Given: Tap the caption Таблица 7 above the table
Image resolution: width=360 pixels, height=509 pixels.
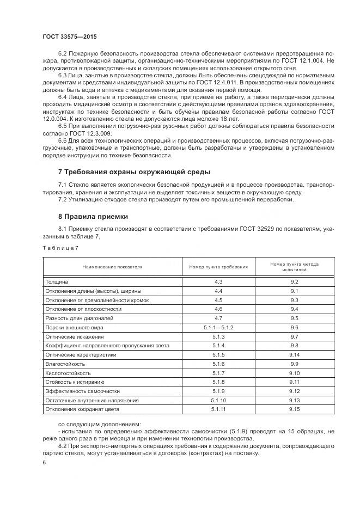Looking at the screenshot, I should coord(60,248).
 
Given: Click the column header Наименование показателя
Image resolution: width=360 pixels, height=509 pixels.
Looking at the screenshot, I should coord(112,267).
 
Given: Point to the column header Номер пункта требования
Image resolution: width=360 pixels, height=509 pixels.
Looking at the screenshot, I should coord(218,267).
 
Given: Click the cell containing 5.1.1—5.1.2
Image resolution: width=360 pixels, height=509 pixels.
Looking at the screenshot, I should coord(218,328).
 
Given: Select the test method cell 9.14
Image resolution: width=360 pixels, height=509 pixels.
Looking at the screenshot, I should coord(295,354).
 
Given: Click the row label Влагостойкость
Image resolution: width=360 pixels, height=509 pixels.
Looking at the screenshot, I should coord(66,364).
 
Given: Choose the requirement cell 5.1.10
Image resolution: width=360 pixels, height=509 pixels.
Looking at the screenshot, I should coord(218,400).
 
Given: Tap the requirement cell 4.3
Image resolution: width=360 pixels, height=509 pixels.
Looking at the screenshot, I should coord(218,282).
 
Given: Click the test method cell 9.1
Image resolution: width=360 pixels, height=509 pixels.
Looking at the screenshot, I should coord(295,291).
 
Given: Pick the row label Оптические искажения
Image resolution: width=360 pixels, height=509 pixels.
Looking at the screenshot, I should coord(74,336).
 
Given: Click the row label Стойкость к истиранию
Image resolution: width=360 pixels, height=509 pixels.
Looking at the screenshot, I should coord(75,382).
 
